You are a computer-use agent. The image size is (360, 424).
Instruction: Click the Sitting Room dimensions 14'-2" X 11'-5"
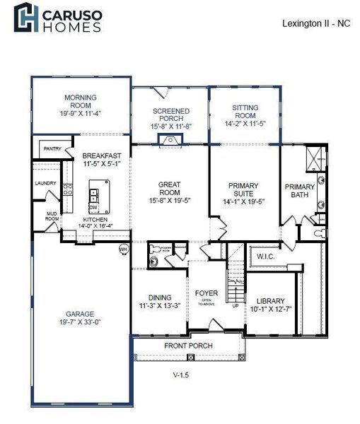244,123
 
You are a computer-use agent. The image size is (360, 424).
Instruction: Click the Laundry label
45,183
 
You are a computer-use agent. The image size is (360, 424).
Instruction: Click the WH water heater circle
122,248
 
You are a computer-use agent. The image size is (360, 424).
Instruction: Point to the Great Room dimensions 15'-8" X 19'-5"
169,200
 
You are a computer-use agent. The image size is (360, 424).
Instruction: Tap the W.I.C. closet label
265,256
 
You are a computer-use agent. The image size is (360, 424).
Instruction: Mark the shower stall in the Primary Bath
316,158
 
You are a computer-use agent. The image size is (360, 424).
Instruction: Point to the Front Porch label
188,346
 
